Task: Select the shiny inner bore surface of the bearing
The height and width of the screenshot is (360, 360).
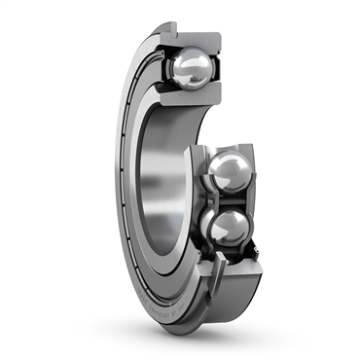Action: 156,165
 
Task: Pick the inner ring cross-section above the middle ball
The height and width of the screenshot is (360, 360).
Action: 219,149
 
